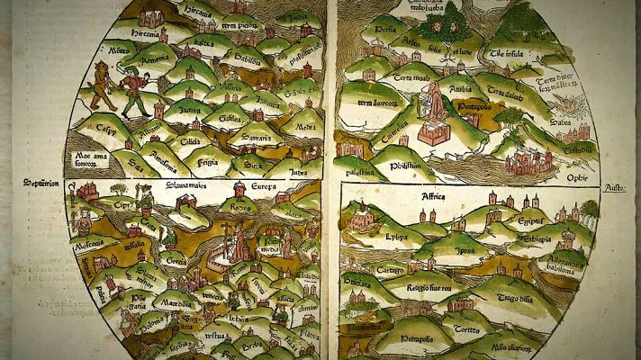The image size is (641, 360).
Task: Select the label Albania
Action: click(x=149, y=129)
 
